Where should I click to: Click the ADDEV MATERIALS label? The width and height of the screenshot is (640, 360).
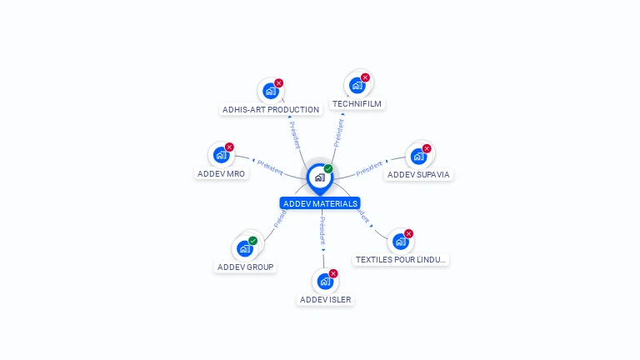pyautogui.click(x=320, y=203)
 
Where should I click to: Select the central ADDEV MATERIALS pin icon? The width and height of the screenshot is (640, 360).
pyautogui.click(x=319, y=177)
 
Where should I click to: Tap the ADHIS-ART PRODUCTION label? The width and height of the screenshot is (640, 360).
pyautogui.click(x=271, y=109)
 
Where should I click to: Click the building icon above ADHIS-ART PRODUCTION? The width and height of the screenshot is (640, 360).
pyautogui.click(x=269, y=91)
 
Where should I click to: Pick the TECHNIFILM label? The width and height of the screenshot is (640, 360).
pyautogui.click(x=357, y=104)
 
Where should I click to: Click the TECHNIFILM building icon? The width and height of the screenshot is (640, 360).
pyautogui.click(x=357, y=85)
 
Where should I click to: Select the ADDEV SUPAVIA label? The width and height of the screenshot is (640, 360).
pyautogui.click(x=419, y=175)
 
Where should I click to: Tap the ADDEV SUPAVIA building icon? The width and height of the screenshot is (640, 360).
pyautogui.click(x=418, y=156)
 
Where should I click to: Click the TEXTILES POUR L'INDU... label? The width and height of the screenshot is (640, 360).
pyautogui.click(x=401, y=260)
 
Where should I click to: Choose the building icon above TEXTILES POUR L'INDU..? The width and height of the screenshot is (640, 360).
pyautogui.click(x=401, y=242)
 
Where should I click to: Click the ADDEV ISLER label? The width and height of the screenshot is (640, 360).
pyautogui.click(x=325, y=299)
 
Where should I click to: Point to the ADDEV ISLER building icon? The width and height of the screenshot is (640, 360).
pyautogui.click(x=325, y=281)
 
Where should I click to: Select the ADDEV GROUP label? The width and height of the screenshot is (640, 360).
pyautogui.click(x=245, y=267)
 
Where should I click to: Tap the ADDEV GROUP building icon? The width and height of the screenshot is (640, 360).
pyautogui.click(x=244, y=248)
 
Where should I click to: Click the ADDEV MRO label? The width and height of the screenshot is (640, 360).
pyautogui.click(x=222, y=173)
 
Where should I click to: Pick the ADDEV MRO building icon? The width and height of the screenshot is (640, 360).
pyautogui.click(x=221, y=155)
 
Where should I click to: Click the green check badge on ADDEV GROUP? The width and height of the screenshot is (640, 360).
pyautogui.click(x=252, y=241)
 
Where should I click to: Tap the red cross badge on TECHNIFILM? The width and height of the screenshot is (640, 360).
pyautogui.click(x=365, y=77)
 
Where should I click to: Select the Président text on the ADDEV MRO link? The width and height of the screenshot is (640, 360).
pyautogui.click(x=270, y=167)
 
